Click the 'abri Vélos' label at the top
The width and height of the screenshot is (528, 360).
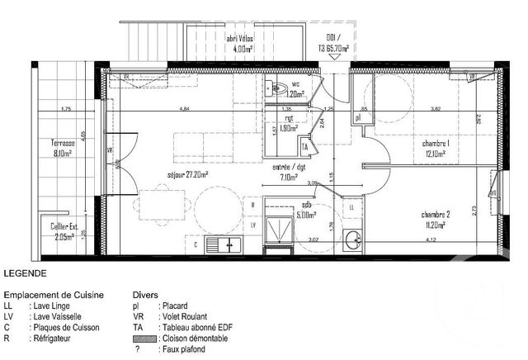click(241, 40)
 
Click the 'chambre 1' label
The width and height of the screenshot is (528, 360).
click(434, 143)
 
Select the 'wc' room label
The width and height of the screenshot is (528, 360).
click(295, 84)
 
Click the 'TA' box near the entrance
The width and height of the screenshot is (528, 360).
click(304, 147)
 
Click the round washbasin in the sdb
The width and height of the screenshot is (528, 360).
click(354, 240)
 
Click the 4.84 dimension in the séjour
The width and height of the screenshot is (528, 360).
click(185, 110)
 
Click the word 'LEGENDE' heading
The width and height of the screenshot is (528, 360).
click(25, 272)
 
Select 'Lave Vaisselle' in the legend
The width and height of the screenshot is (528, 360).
click(68, 316)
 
